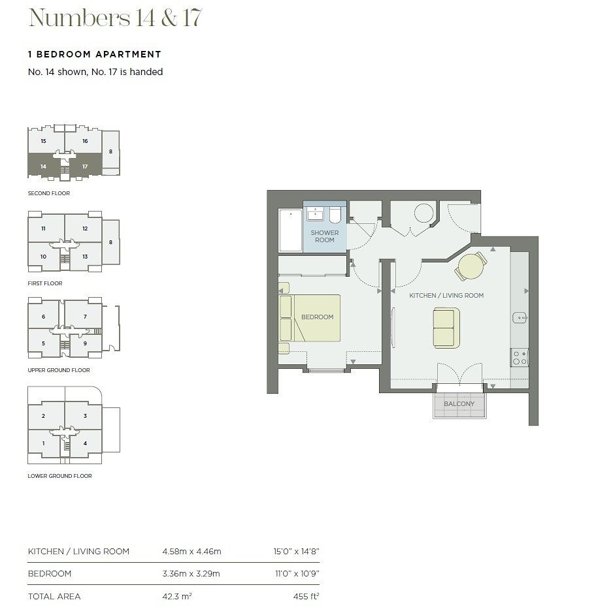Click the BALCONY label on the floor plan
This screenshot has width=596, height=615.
[459, 403]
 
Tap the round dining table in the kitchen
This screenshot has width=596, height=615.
[471, 266]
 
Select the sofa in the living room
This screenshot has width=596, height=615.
[446, 328]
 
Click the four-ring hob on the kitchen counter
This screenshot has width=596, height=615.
[520, 357]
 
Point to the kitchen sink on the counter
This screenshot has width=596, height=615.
[520, 317]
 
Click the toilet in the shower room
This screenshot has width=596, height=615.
[335, 215]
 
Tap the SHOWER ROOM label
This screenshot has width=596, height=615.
[325, 236]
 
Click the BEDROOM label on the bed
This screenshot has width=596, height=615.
[317, 317]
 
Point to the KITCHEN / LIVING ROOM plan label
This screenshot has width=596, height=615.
[446, 295]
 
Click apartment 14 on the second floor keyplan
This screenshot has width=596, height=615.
[44, 166]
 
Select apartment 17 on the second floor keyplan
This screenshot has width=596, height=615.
[85, 166]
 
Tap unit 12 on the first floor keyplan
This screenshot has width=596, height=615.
[85, 229]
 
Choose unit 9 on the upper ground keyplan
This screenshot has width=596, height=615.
[85, 343]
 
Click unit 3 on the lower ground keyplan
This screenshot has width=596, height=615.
[85, 416]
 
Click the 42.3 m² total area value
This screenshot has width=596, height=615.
[177, 596]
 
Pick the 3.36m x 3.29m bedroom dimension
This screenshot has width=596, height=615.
[191, 573]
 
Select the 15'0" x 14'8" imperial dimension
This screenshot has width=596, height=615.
[297, 551]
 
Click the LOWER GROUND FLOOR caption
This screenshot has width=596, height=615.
[59, 476]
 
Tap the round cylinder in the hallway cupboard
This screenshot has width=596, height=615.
[424, 213]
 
